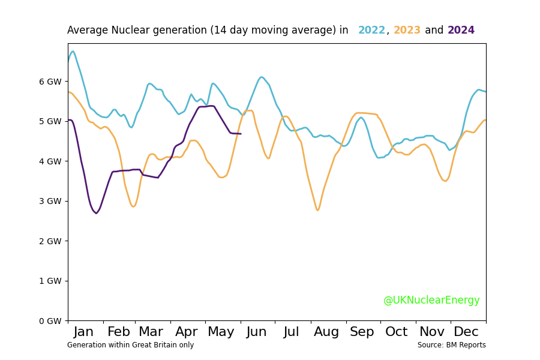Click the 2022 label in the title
371,31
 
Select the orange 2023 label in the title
407,31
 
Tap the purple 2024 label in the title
461,31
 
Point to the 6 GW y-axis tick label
50,82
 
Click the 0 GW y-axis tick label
50,321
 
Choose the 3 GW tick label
50,201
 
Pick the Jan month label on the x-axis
83,332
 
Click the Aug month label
326,332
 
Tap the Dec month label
466,332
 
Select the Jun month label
257,332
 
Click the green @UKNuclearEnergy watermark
431,301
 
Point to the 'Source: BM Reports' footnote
451,346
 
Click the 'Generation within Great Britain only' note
130,346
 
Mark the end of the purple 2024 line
241,134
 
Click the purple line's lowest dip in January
96,213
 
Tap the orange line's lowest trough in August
317,210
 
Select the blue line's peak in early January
73,51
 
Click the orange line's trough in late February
133,206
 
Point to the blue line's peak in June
261,77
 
